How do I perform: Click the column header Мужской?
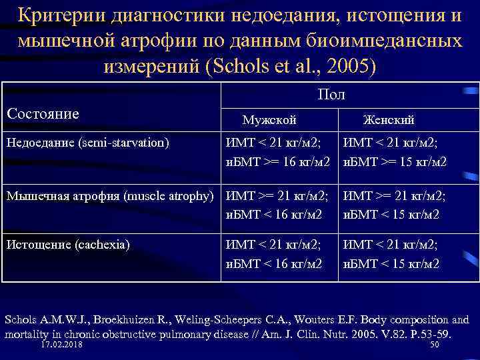pyautogui.click(x=269, y=120)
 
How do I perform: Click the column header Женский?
pyautogui.click(x=389, y=120)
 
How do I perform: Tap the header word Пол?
pyautogui.click(x=332, y=95)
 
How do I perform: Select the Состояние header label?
pyautogui.click(x=43, y=114)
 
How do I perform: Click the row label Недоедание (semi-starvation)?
pyautogui.click(x=87, y=143)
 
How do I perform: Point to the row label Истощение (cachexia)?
pyautogui.click(x=67, y=244)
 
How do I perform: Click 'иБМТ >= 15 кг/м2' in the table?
pyautogui.click(x=395, y=162)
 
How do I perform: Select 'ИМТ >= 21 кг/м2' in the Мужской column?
pyautogui.click(x=277, y=195)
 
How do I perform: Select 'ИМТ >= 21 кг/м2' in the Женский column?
pyautogui.click(x=394, y=195)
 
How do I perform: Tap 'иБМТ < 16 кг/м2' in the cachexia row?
pyautogui.click(x=274, y=263)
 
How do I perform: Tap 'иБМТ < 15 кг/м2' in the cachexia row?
pyautogui.click(x=391, y=263)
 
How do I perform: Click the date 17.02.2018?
pyautogui.click(x=66, y=345)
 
